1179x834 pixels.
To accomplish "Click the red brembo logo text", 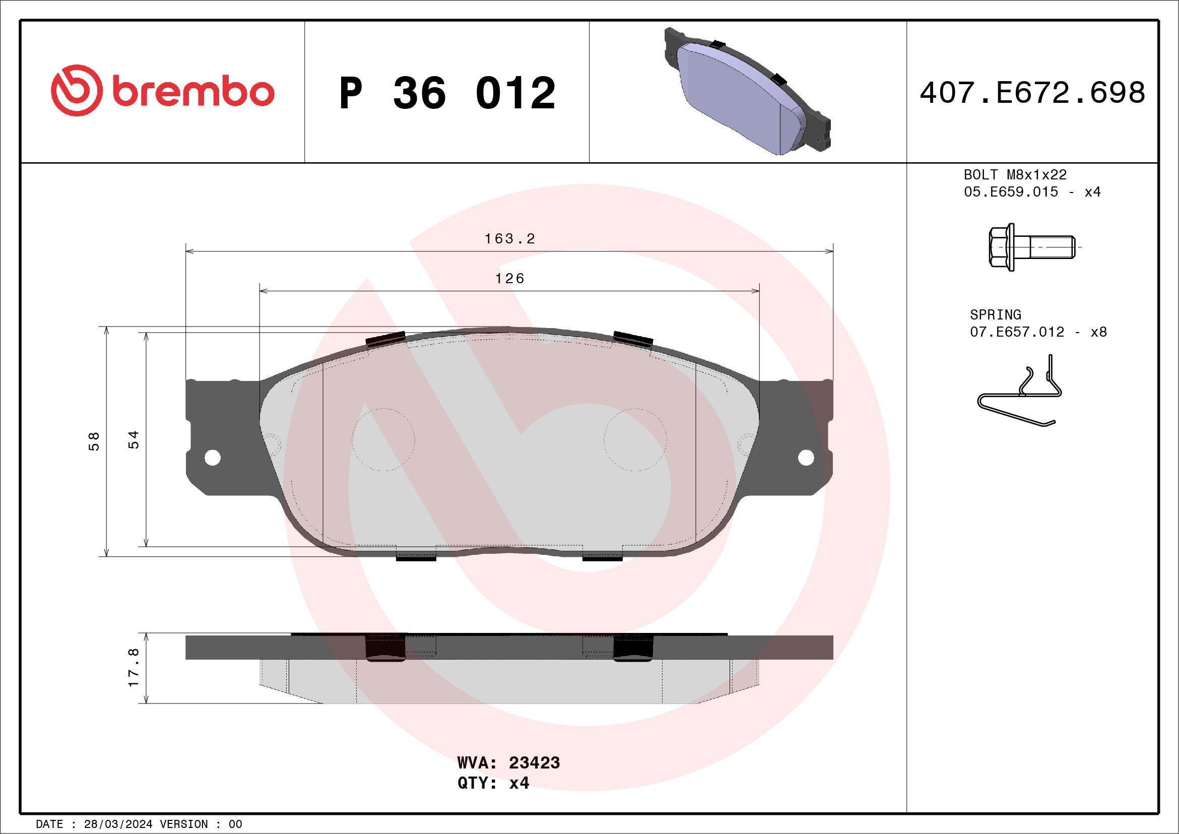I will pos(192,92).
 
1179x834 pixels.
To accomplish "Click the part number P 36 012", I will pos(447,93).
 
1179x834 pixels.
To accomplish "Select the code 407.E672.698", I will pos(1032,93).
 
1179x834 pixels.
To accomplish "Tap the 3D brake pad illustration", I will pos(747,91).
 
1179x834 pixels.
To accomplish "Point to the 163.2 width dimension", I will pos(509,239).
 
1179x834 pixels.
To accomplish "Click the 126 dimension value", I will pos(509,278).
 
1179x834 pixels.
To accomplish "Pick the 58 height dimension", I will pos(94,441).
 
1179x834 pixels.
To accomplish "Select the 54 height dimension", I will pos(134,439).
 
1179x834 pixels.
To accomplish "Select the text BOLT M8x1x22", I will pos(1015,174).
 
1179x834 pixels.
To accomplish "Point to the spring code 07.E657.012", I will pos(1017,332).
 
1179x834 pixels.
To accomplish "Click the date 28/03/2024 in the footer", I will pos(118,824).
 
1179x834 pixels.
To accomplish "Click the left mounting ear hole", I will pos(212,457).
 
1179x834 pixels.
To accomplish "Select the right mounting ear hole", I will pos(806,457).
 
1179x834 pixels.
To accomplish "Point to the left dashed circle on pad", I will pos(383,439).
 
